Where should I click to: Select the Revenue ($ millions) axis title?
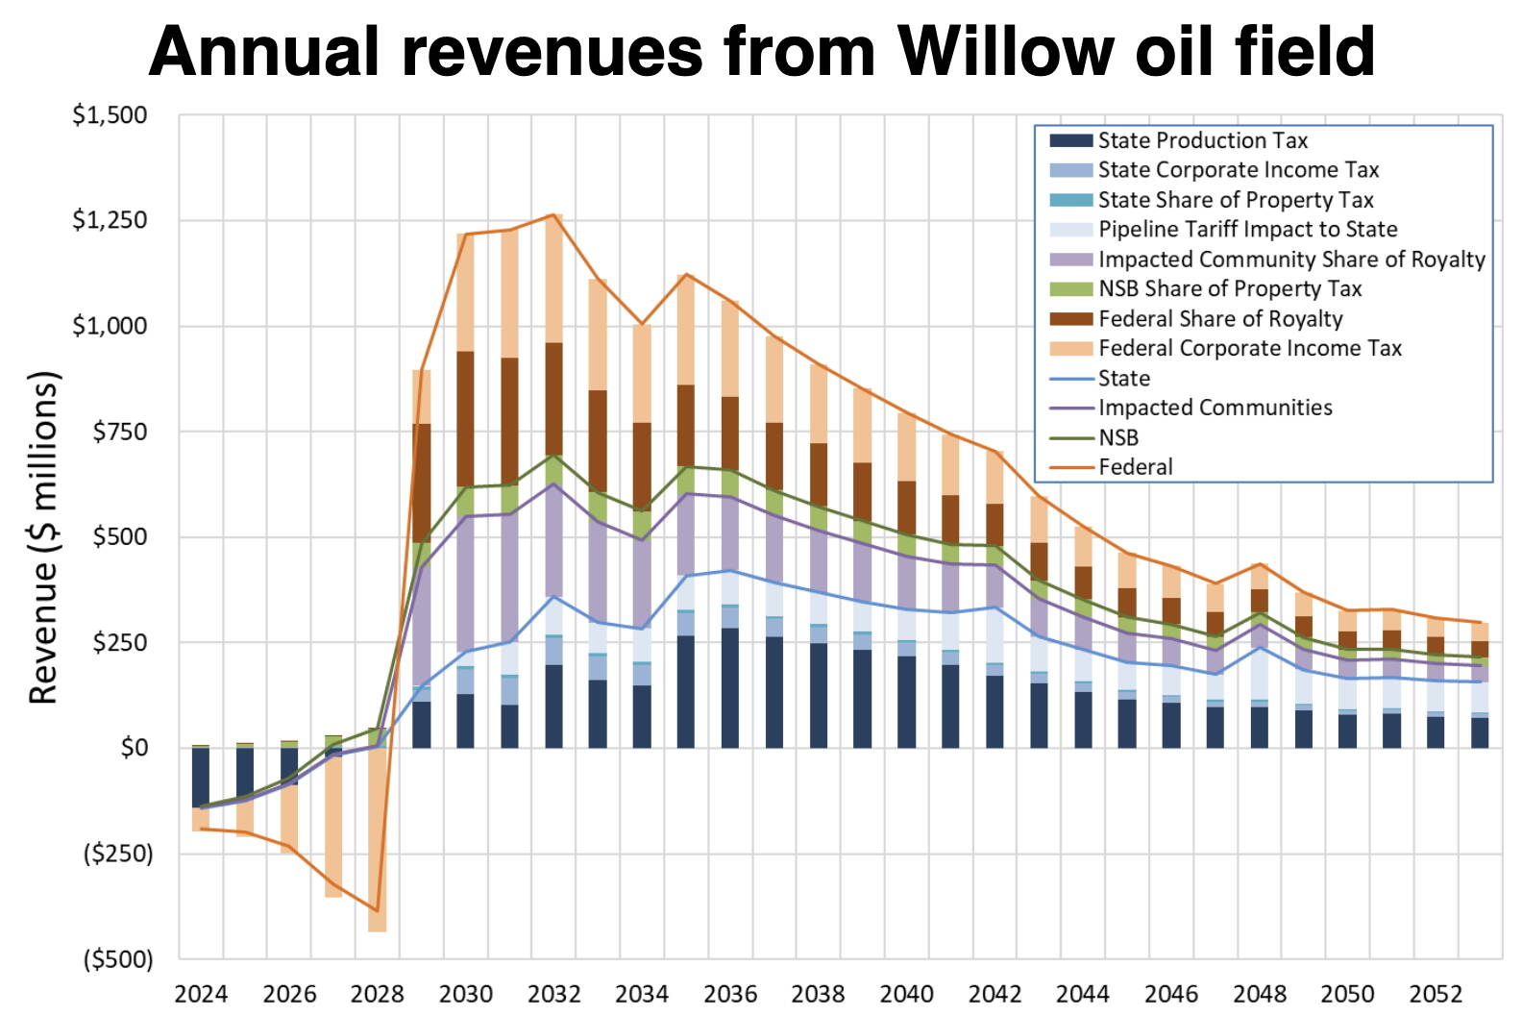43,536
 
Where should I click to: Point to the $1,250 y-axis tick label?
110,220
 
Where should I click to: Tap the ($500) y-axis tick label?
117,958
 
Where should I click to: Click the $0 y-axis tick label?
134,747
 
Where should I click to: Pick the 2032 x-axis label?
553,994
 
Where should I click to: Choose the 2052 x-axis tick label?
1436,994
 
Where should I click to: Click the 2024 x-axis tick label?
201,994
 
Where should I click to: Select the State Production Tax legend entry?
1202,140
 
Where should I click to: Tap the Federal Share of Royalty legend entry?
1219,318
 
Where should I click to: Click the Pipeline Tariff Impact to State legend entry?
1247,229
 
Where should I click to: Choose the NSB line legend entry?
1117,437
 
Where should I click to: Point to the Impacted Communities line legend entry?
1215,408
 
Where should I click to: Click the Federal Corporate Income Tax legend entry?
1249,348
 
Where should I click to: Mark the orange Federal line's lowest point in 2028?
377,909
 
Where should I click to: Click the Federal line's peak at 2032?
553,215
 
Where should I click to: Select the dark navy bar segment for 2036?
730,687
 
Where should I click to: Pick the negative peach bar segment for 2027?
333,827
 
